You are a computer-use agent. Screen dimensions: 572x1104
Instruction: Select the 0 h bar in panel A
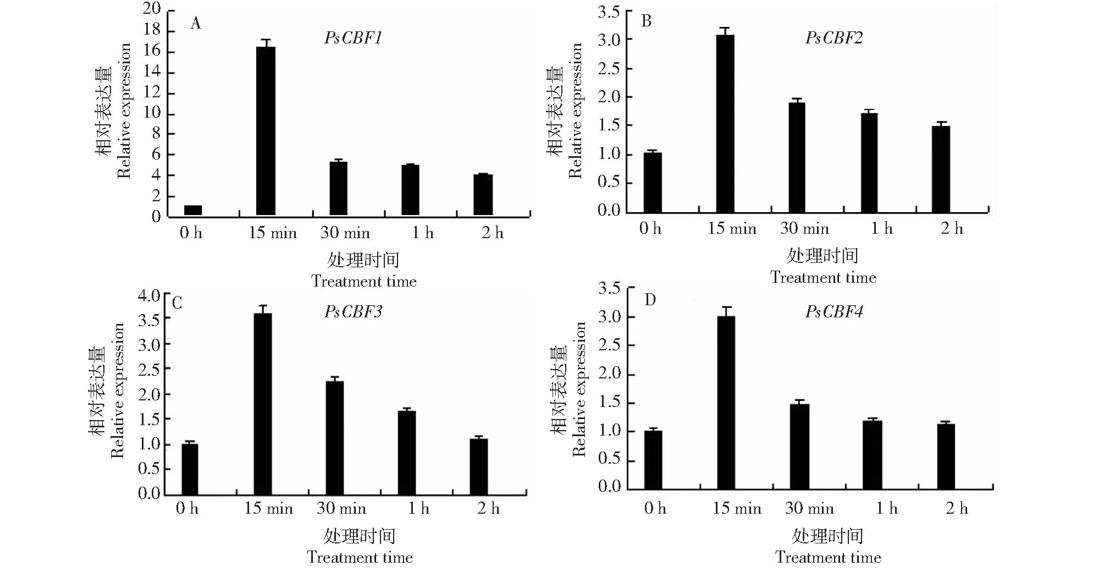click(x=193, y=210)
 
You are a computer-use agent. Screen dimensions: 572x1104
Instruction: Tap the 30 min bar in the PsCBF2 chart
click(x=797, y=157)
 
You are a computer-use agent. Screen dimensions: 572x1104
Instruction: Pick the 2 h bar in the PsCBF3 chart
click(x=479, y=466)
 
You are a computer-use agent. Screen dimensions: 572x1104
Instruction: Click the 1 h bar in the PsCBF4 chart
click(x=872, y=455)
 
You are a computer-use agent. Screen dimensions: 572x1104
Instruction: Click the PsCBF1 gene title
click(x=353, y=38)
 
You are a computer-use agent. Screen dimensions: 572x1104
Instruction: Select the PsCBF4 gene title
click(x=834, y=312)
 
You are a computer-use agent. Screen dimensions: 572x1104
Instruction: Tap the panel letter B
click(x=647, y=21)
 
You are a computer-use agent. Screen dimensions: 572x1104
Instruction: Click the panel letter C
click(x=177, y=303)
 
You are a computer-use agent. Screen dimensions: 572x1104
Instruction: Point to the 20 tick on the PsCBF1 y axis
click(x=152, y=9)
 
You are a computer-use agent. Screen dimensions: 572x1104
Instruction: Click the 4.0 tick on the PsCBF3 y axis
click(x=149, y=296)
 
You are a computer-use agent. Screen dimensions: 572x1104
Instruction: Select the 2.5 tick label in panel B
click(x=609, y=69)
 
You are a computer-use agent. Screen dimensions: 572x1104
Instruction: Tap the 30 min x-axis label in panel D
click(x=809, y=508)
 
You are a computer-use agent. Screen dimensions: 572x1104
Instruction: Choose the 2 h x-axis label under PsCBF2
click(x=952, y=229)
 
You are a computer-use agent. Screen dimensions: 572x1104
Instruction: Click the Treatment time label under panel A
click(x=364, y=282)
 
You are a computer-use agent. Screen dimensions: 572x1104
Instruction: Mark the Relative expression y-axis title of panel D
click(x=579, y=389)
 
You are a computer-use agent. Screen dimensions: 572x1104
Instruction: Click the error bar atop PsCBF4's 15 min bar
click(x=726, y=311)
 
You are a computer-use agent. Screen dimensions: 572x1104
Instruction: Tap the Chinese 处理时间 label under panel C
click(x=360, y=535)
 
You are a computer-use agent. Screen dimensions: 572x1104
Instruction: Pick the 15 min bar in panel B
click(x=725, y=124)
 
